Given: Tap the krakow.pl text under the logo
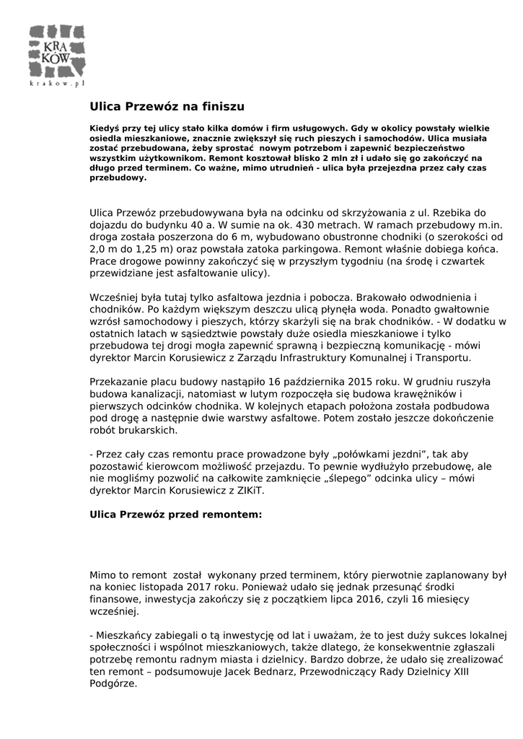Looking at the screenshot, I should [x=57, y=84].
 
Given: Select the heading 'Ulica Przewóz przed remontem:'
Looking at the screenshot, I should [x=175, y=515].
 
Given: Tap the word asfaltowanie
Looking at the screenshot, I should [x=203, y=274].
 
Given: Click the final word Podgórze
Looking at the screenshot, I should [x=113, y=684].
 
